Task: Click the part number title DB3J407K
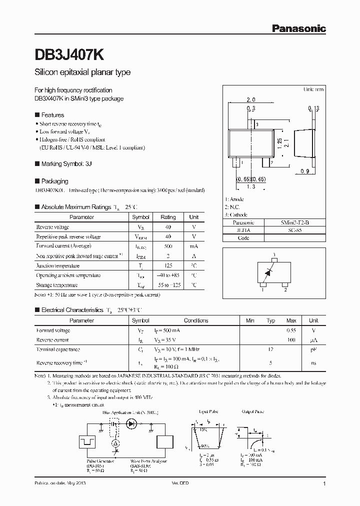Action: click(x=69, y=53)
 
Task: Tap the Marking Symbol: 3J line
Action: click(x=66, y=163)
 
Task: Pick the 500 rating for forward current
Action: click(x=168, y=246)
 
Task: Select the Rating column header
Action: click(x=168, y=217)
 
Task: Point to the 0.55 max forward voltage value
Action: click(x=291, y=330)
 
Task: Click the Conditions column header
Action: click(x=196, y=320)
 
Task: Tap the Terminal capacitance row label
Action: click(x=58, y=349)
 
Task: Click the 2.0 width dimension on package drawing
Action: click(x=251, y=100)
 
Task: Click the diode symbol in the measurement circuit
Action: click(x=132, y=423)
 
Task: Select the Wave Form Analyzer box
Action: click(x=164, y=442)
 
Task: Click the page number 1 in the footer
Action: click(x=324, y=484)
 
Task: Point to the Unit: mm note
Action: click(x=313, y=89)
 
